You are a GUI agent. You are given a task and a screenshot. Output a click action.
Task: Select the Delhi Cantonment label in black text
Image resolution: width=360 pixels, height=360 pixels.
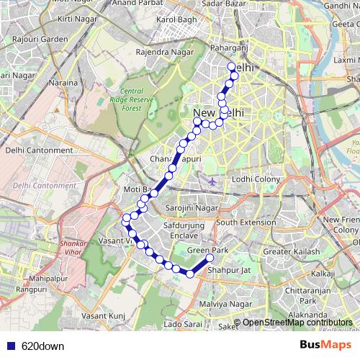39,150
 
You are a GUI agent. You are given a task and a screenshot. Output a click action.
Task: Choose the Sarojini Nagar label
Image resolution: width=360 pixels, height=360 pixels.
192,207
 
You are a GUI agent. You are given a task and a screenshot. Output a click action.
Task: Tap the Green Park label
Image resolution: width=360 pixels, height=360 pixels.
207,250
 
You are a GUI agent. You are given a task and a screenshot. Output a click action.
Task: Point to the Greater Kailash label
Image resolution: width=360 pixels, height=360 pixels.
292,252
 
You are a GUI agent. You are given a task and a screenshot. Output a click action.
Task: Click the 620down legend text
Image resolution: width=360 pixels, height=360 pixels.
42,346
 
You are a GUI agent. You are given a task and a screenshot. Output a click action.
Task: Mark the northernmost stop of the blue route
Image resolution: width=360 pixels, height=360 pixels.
232,67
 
